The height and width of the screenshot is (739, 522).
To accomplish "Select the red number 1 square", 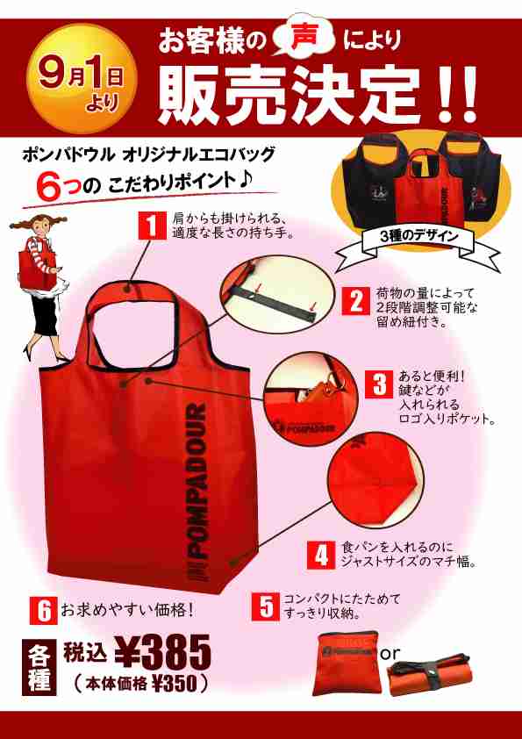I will [154, 226].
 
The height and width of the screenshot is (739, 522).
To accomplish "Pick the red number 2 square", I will [356, 301].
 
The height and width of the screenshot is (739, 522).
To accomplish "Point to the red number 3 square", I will [380, 383].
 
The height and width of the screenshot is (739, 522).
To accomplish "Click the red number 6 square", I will [43, 608].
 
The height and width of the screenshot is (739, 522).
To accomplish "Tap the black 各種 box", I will [40, 667].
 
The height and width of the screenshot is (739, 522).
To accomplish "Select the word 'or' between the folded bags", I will [390, 653].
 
